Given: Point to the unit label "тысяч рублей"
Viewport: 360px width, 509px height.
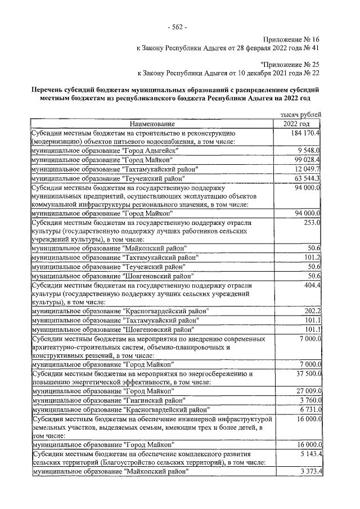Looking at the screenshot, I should pos(300,114).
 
